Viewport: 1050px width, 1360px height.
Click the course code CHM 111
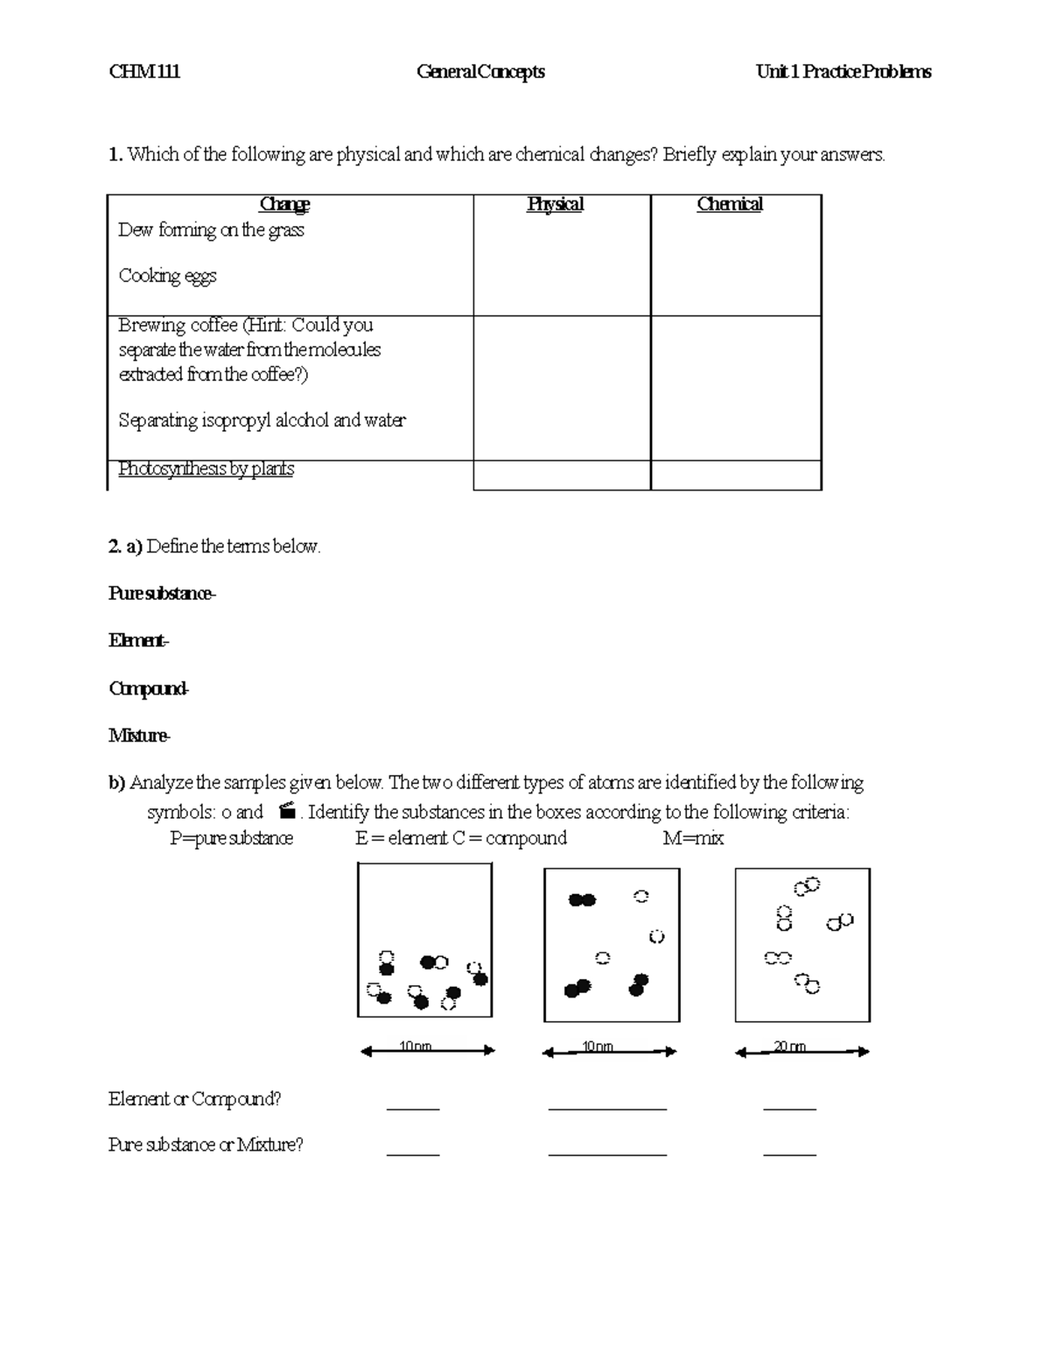[x=144, y=72]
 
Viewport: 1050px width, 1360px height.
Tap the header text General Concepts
[x=480, y=72]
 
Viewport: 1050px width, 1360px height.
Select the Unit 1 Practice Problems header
[x=843, y=72]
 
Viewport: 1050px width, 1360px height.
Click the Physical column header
[x=555, y=204]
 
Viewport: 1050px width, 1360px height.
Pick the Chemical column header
[x=729, y=204]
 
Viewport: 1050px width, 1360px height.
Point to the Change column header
[x=284, y=204]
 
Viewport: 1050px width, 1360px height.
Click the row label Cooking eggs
[x=167, y=276]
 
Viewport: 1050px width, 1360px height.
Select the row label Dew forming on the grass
[x=211, y=230]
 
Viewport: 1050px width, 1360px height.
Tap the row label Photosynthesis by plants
[x=206, y=469]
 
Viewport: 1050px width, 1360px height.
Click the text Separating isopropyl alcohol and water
[x=262, y=420]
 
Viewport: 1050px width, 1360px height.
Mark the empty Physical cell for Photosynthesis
[x=561, y=476]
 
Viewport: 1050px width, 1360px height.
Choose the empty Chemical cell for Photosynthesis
[x=735, y=476]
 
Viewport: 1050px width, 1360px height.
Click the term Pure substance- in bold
[x=162, y=594]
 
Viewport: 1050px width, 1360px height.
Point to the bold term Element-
[x=138, y=641]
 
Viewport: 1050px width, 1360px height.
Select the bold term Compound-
[x=149, y=688]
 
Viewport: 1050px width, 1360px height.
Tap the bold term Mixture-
[x=139, y=736]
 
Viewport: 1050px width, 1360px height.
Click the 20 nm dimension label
[x=789, y=1046]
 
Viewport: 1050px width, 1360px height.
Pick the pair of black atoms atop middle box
[x=582, y=899]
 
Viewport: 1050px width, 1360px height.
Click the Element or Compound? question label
[x=194, y=1099]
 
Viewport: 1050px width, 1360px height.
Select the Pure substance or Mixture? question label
[x=206, y=1145]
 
